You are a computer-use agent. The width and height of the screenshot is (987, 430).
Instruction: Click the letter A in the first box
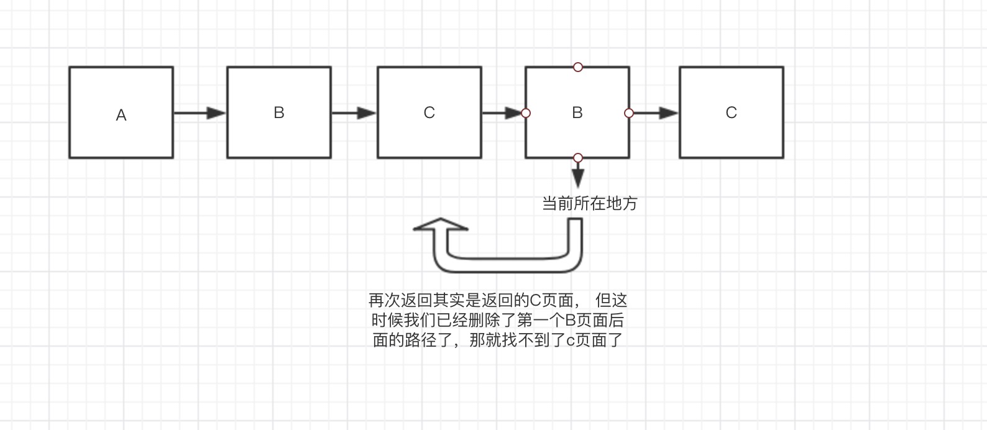pos(121,115)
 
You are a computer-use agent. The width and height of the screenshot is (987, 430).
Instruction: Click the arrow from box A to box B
pos(200,113)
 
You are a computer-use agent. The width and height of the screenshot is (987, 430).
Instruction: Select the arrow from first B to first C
pos(354,113)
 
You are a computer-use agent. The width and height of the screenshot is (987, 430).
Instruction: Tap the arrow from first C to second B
pos(502,113)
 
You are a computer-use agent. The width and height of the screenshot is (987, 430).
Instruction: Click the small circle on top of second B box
pos(578,67)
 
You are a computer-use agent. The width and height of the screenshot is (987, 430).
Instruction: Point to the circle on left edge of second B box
pos(526,113)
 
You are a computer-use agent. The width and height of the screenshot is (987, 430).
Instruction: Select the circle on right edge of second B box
pos(629,113)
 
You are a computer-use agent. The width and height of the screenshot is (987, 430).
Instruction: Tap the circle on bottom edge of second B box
pos(578,158)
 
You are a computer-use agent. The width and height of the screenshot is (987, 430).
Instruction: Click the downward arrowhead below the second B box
pos(578,178)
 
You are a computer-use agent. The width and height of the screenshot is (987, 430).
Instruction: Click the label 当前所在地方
pos(590,204)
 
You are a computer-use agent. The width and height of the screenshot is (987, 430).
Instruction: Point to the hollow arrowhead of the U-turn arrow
pos(440,226)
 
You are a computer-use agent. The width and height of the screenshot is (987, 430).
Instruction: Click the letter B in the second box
pos(279,112)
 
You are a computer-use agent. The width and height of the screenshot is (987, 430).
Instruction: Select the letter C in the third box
pos(429,112)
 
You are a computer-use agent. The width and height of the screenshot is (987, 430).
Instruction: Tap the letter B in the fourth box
pos(577,112)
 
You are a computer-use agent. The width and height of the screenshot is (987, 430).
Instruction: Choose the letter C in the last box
pos(731,112)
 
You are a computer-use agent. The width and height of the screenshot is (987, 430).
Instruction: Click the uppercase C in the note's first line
pos(536,301)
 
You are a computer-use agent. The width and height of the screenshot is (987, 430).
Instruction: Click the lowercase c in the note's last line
pos(570,341)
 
